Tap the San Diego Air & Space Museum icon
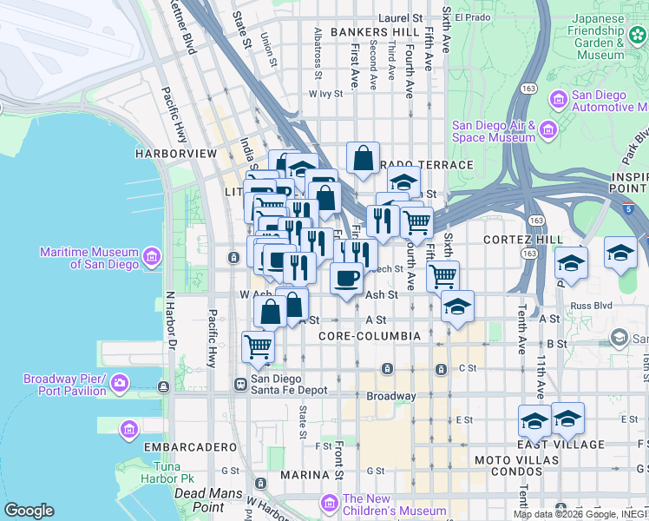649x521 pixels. (547, 131)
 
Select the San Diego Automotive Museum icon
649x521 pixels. (557, 100)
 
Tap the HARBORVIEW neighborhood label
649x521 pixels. (175, 153)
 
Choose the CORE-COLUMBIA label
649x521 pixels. (370, 335)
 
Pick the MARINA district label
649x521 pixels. (304, 475)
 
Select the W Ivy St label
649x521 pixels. (326, 94)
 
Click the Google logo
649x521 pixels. (29, 511)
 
